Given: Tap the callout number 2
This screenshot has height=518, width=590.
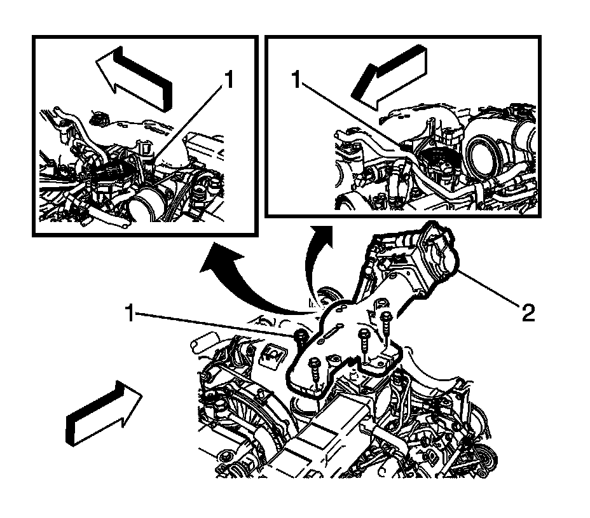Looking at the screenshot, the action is pos(528,312).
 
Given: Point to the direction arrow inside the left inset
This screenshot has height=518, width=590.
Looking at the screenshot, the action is pos(134,78).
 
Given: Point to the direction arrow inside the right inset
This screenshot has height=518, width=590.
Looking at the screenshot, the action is pos(390,77).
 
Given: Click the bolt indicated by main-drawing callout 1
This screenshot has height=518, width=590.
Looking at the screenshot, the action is pos(300,336).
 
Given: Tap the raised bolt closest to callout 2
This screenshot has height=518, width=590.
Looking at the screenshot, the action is pos(386,324).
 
